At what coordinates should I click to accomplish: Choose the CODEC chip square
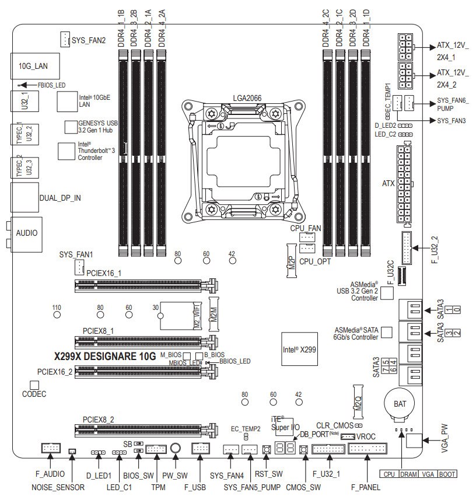(34, 386)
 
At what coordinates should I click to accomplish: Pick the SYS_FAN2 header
(65, 40)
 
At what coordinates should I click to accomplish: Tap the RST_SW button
(267, 449)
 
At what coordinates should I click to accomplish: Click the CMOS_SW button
(304, 449)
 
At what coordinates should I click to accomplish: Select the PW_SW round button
(174, 448)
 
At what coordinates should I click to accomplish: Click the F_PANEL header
(368, 449)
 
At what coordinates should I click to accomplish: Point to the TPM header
(156, 449)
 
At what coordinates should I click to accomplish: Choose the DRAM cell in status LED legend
(409, 474)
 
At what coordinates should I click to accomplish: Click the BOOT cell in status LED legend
(447, 474)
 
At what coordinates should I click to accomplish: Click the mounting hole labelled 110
(57, 315)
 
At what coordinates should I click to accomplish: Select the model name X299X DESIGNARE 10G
(105, 356)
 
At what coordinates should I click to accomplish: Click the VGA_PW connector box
(413, 441)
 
